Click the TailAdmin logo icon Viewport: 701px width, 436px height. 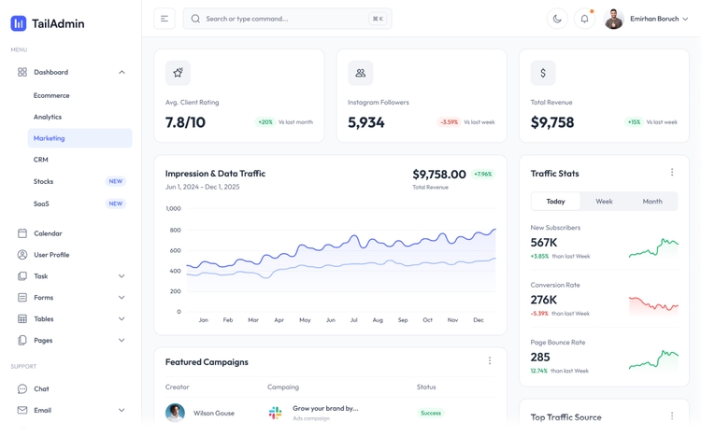[19, 23]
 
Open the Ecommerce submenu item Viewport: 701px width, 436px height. [51, 95]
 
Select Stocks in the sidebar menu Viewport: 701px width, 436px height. [43, 181]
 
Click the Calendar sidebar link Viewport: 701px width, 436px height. [48, 233]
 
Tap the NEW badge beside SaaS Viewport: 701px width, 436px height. [116, 204]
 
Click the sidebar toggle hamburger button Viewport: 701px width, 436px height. [165, 19]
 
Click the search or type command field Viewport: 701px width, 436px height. [280, 19]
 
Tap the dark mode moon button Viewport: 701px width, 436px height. [557, 19]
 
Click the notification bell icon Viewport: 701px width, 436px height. [584, 19]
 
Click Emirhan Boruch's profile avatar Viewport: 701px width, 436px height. [614, 19]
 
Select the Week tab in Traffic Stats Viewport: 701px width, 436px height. [604, 202]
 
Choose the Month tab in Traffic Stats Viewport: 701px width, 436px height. [652, 202]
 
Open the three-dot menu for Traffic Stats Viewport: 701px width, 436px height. [672, 173]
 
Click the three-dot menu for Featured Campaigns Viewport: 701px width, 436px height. [490, 361]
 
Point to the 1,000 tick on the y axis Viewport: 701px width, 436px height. [173, 209]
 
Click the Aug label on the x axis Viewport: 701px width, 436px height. [378, 320]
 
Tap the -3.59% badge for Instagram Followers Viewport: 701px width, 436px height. [450, 122]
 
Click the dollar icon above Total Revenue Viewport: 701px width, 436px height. [543, 73]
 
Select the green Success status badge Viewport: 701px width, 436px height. [431, 413]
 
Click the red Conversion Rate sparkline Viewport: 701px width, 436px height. [653, 304]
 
